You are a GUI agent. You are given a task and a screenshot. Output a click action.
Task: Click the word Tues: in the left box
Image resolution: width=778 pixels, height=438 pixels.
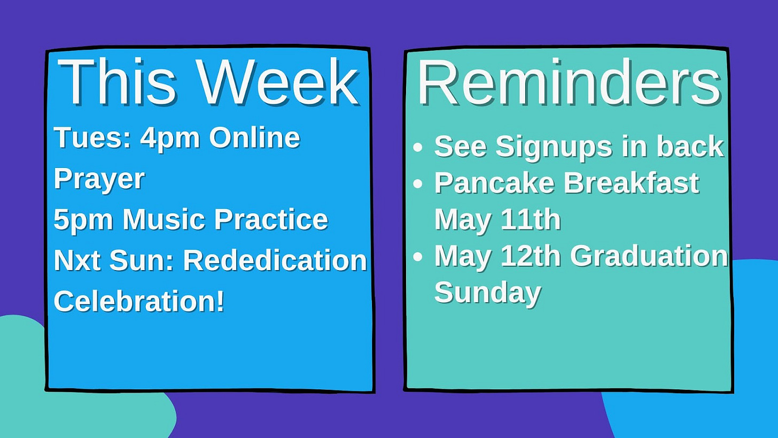[x=92, y=137]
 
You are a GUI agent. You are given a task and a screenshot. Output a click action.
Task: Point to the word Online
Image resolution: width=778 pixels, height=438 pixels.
[x=254, y=137]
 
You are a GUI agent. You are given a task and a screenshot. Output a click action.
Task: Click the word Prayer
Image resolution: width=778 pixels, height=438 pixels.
[x=99, y=180]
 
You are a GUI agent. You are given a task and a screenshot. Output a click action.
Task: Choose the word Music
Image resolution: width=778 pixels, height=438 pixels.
[x=164, y=219]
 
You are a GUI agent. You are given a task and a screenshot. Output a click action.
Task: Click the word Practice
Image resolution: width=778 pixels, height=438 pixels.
[x=271, y=219]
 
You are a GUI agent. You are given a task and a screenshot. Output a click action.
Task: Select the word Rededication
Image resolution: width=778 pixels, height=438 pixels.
[x=275, y=260]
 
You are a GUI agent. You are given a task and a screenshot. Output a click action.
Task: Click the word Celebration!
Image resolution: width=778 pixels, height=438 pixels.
[x=139, y=301]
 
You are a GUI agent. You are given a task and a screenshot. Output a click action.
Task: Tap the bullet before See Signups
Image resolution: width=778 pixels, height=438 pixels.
[x=418, y=147]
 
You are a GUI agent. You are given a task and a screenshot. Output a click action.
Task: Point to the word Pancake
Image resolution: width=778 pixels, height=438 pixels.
[x=494, y=183]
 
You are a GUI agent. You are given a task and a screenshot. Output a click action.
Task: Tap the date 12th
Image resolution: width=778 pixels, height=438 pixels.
[x=531, y=256]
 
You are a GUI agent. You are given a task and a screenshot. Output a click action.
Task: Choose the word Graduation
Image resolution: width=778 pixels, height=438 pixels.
[x=649, y=256]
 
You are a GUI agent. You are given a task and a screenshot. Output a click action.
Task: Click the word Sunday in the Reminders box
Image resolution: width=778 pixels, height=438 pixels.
[x=488, y=294]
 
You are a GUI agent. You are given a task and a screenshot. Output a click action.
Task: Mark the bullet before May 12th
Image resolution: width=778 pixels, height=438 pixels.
[x=418, y=257]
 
